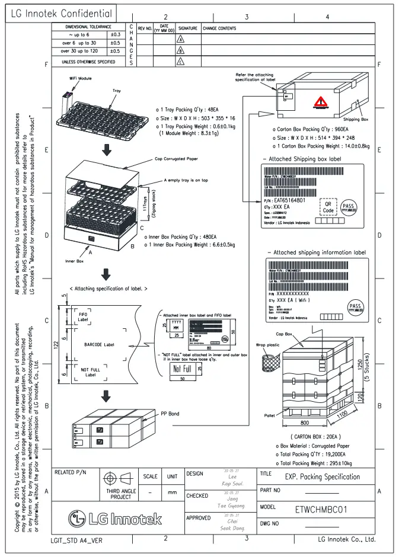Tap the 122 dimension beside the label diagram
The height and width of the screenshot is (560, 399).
click(x=55, y=345)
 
